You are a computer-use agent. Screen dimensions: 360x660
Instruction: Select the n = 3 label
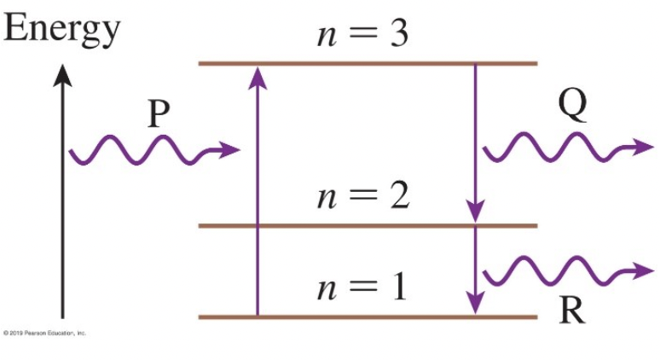(362, 35)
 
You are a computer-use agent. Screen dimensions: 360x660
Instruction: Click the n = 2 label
(362, 197)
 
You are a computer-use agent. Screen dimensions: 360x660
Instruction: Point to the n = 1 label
(362, 287)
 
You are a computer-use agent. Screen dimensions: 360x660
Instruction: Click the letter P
(156, 114)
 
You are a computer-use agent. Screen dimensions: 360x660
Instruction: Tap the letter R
(572, 312)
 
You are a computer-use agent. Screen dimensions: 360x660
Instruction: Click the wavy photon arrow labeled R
(559, 273)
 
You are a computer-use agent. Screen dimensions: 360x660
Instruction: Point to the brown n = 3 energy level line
(367, 63)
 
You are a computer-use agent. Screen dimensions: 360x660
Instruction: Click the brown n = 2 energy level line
(367, 225)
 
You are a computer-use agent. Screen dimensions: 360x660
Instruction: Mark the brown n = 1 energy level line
(367, 316)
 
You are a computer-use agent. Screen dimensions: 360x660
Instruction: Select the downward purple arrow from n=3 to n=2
(475, 141)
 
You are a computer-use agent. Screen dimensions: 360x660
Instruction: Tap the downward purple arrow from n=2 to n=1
(475, 269)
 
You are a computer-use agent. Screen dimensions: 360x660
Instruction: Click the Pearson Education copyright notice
(44, 333)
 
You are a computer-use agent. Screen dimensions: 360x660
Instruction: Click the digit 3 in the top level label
(397, 35)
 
